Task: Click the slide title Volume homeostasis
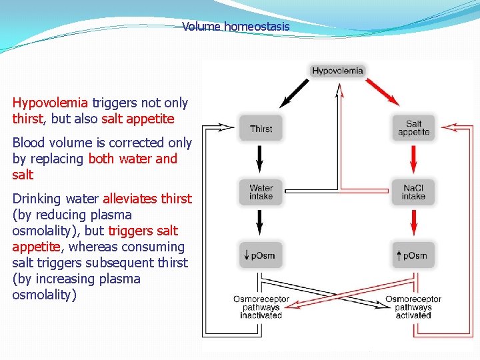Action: point(236,27)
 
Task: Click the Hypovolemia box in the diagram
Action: point(337,71)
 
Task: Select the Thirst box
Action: point(261,129)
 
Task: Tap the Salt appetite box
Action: point(413,128)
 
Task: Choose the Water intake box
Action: point(261,192)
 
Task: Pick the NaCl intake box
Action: point(413,192)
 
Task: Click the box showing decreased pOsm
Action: point(261,255)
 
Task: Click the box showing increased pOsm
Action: point(413,255)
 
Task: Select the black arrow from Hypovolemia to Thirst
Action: point(294,94)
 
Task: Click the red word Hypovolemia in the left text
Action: point(50,103)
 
